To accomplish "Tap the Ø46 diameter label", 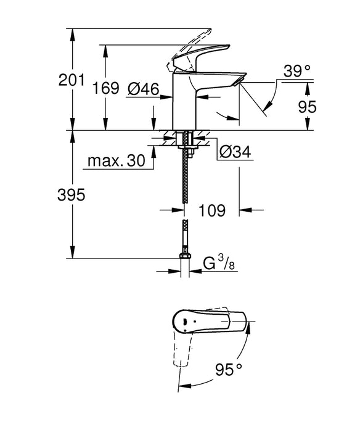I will (143, 89).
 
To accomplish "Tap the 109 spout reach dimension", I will (211, 210).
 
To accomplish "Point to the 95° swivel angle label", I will (229, 370).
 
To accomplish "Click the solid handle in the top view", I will (210, 321).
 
